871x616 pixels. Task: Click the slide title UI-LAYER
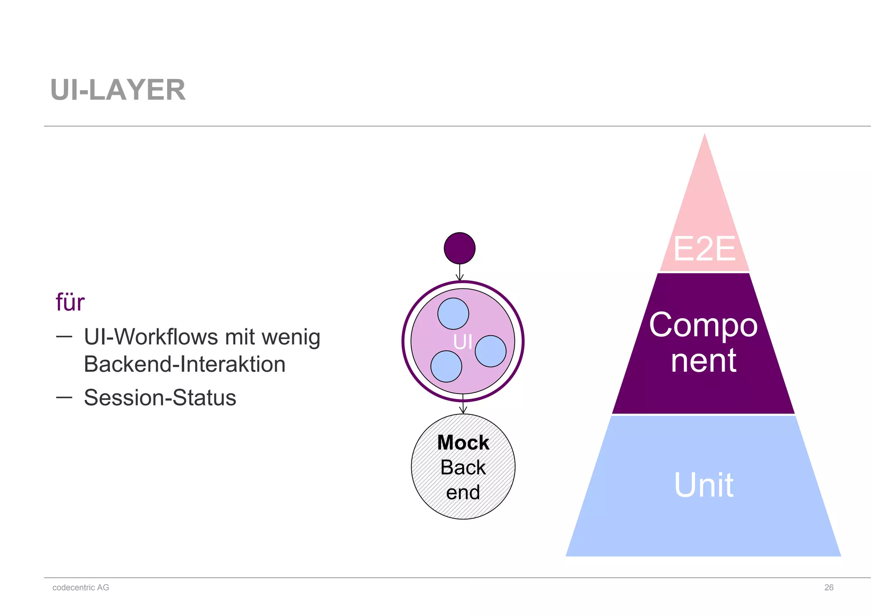118,90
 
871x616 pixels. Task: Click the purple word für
70,302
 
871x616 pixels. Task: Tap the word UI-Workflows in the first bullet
153,337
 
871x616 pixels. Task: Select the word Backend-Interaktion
185,364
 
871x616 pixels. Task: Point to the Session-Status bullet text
160,398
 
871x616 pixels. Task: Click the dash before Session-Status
64,397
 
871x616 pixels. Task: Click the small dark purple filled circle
459,248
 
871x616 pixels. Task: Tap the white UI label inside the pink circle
463,342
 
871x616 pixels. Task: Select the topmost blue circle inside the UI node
453,314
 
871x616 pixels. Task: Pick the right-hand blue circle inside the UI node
490,351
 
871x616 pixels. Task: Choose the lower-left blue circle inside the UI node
446,366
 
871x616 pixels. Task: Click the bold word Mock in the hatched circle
463,442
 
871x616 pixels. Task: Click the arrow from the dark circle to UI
460,272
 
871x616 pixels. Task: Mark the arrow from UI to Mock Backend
463,405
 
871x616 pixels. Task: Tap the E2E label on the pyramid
704,249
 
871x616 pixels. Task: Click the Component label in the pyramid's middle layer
703,342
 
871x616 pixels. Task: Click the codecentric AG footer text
81,587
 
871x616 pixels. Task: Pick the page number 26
828,587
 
